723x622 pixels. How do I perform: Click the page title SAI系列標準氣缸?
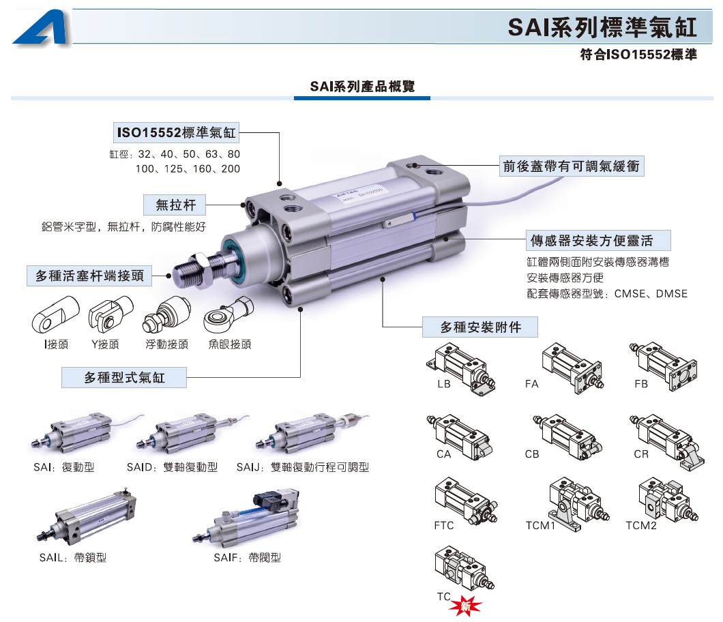tap(602, 28)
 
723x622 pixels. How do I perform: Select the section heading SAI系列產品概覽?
tap(362, 87)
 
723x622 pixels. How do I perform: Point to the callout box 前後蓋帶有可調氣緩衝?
tap(571, 166)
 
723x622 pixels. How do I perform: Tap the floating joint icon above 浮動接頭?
tap(164, 317)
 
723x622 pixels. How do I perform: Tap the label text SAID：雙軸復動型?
tap(173, 467)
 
